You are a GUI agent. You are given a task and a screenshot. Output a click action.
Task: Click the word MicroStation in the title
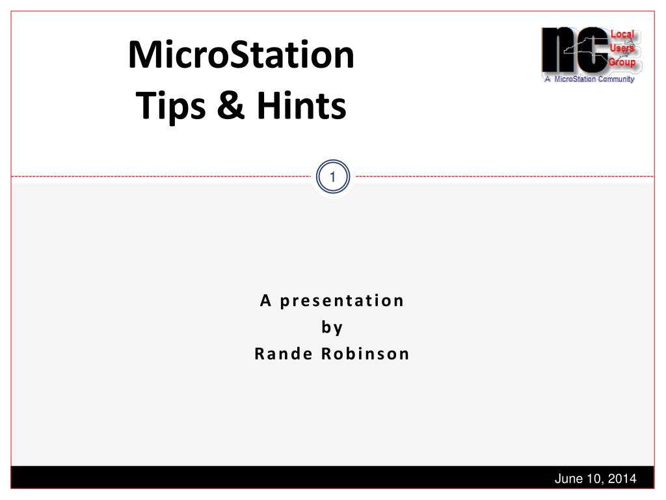coord(241,55)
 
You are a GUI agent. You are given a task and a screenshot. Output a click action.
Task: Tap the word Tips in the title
coord(170,106)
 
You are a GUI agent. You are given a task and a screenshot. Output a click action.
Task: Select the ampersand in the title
coord(231,105)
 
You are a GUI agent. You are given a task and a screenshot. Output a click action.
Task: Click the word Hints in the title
coord(302,105)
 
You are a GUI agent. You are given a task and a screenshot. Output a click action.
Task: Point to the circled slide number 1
coord(332,176)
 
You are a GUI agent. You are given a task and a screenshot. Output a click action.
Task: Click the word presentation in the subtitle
coord(342,301)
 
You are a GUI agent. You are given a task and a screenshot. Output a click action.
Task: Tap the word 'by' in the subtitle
coord(332,327)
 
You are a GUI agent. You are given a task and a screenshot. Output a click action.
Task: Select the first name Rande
coord(284,354)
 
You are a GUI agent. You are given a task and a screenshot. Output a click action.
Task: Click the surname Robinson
coord(366,354)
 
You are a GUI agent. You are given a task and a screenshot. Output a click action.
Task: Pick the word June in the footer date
coord(569,479)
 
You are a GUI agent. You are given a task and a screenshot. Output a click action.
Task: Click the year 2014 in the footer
coord(622,479)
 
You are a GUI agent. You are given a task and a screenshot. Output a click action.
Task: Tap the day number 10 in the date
coord(594,479)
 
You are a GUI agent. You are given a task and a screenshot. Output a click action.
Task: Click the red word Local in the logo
coord(622,35)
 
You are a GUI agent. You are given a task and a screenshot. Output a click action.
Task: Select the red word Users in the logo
coord(622,48)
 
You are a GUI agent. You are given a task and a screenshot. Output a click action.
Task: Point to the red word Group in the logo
coord(622,62)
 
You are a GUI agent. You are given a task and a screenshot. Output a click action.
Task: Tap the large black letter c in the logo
coord(594,49)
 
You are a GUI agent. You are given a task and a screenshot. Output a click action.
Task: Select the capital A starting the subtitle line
coord(265,301)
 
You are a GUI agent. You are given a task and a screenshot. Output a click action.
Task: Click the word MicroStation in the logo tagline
coord(575,79)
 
